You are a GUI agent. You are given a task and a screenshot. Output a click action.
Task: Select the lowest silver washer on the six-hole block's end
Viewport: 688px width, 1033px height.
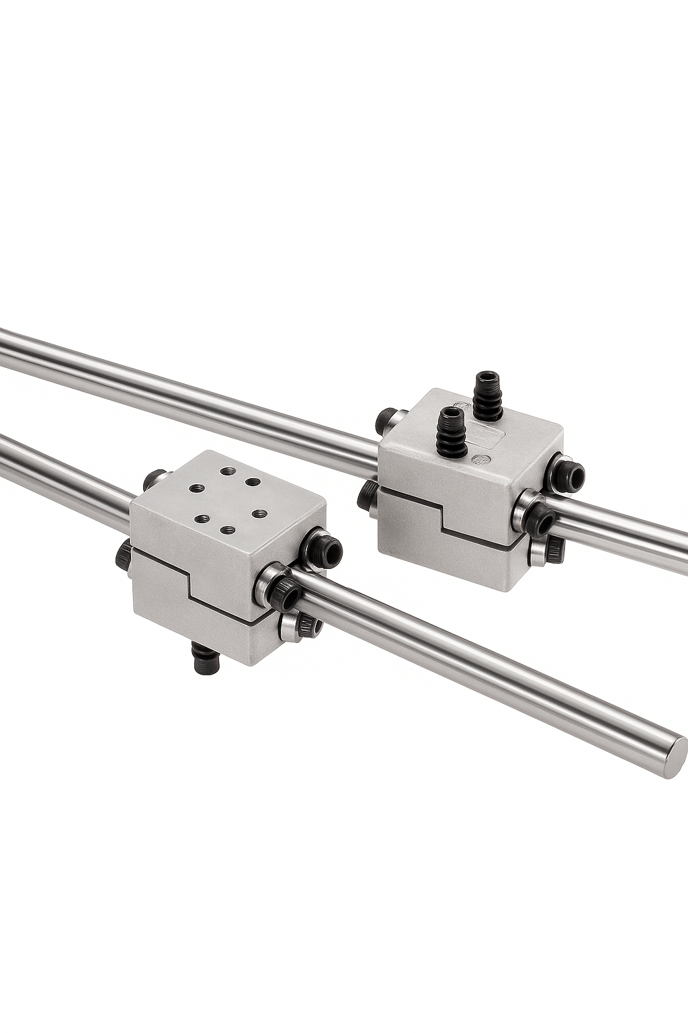[289, 627]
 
